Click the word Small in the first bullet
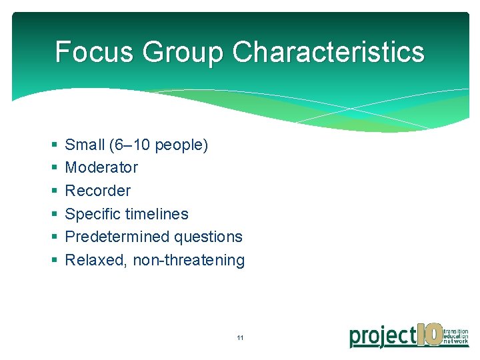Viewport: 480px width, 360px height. (x=85, y=145)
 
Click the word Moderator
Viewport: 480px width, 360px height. (x=101, y=167)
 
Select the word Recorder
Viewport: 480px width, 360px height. (x=97, y=191)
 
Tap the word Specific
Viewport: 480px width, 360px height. (x=91, y=214)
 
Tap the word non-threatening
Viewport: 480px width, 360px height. (x=189, y=260)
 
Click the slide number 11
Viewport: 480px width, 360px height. (x=240, y=338)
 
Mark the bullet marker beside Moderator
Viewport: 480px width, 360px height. (x=53, y=168)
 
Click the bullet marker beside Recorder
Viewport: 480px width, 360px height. (x=53, y=191)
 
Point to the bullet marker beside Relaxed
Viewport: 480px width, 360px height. (x=53, y=261)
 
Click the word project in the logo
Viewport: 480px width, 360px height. (x=383, y=335)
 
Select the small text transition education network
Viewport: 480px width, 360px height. (x=455, y=336)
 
